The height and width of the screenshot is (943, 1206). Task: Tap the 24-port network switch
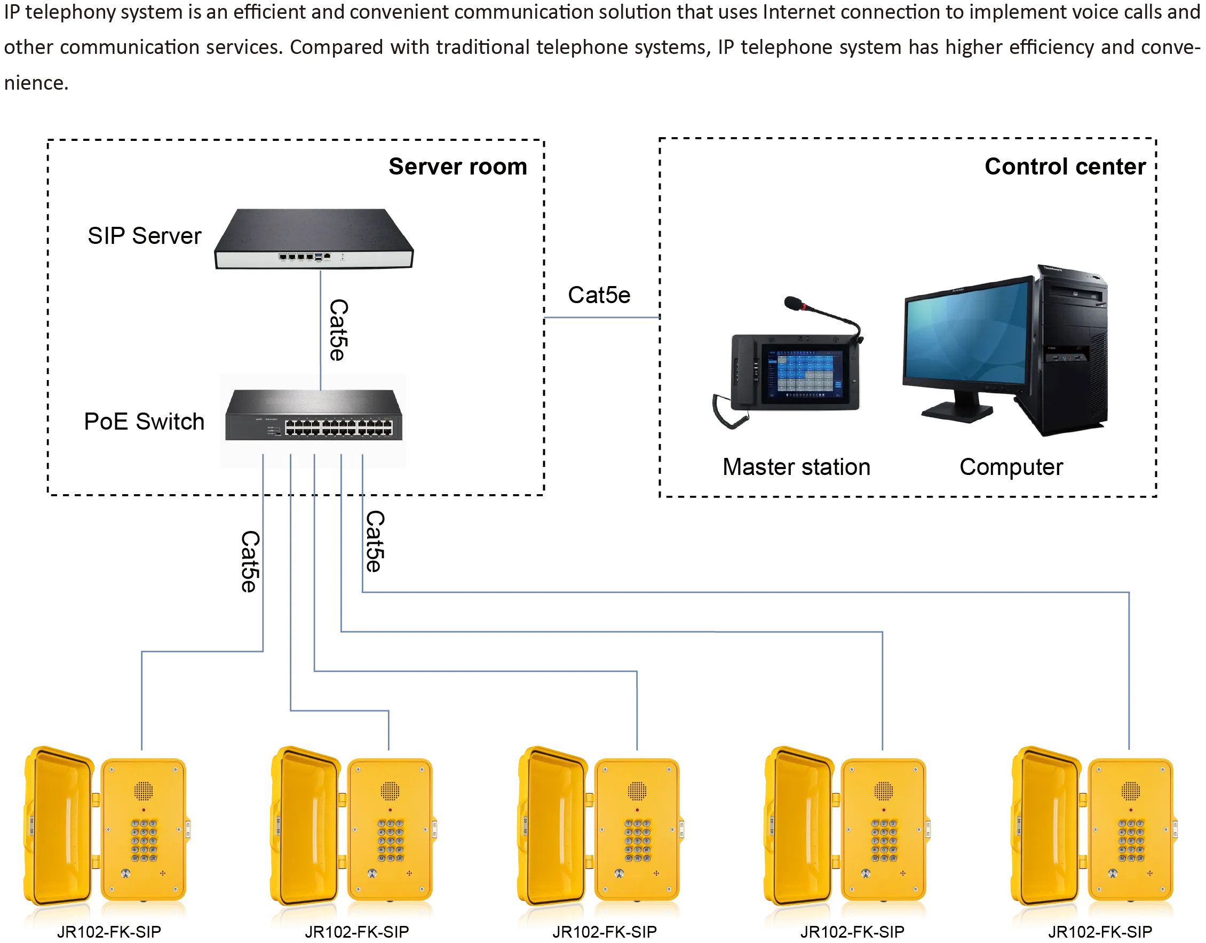pos(313,415)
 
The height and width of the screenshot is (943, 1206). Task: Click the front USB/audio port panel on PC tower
pos(1068,358)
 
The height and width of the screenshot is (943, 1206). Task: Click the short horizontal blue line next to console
pos(601,318)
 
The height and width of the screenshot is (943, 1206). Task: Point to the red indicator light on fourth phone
pos(885,810)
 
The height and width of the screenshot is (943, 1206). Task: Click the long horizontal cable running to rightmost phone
pos(745,591)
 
